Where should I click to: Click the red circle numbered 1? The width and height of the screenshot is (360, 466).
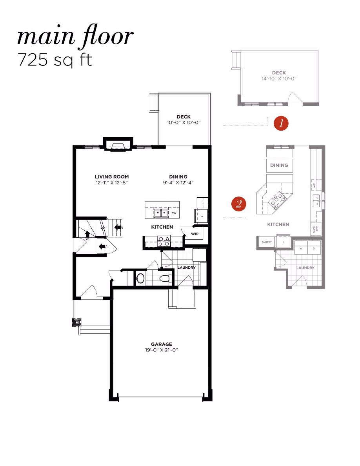(x=281, y=123)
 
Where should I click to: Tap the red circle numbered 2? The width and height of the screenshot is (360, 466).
(x=238, y=204)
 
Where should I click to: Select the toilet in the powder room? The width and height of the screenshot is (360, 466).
(x=166, y=279)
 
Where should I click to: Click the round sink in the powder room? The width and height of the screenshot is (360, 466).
(x=140, y=279)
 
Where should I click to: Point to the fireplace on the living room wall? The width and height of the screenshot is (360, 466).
(x=118, y=145)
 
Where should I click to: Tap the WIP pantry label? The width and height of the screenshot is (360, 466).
(x=194, y=234)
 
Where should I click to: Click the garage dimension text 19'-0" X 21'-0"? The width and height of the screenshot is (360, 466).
(x=162, y=350)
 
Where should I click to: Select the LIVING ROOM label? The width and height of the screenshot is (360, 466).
(x=112, y=177)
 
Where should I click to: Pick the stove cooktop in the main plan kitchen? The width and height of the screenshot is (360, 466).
(x=164, y=240)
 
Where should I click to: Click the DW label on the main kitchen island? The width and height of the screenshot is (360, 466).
(x=173, y=213)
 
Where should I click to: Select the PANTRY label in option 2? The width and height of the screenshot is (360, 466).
(x=266, y=242)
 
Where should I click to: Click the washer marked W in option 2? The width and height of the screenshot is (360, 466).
(x=301, y=248)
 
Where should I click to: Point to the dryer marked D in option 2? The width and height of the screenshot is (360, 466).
(x=314, y=248)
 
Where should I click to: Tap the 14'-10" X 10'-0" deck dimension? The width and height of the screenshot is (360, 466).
(x=279, y=78)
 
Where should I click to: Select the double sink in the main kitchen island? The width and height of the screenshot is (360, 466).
(x=161, y=213)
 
